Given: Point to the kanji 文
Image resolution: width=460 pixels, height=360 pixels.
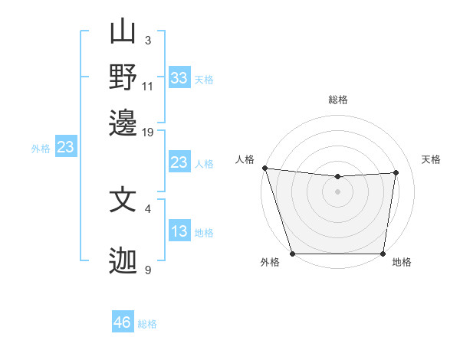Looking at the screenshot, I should click(x=123, y=200).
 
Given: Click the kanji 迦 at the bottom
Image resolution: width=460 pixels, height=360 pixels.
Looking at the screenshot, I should click(x=123, y=261).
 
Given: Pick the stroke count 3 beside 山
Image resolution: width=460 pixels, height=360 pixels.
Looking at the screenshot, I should click(x=148, y=40).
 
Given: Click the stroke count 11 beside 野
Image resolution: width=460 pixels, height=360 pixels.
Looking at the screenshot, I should click(x=148, y=86).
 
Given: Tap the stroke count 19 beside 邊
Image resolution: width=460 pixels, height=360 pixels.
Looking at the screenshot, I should click(x=148, y=132).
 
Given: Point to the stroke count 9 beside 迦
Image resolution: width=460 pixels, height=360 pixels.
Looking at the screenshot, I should click(x=148, y=270).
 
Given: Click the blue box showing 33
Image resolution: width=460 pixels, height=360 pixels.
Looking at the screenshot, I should click(x=179, y=78).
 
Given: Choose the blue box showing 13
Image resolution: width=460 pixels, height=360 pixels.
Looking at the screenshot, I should click(x=179, y=232).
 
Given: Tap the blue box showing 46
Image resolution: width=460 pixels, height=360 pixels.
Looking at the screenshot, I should click(x=123, y=322).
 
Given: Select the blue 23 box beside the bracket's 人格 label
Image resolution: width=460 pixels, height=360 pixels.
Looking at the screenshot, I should click(x=179, y=162).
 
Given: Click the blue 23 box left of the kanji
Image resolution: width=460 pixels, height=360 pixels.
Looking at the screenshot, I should click(x=65, y=147).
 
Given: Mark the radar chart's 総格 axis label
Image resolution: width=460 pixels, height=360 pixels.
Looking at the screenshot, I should click(x=338, y=100).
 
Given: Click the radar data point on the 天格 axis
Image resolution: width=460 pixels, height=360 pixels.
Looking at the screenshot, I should click(x=396, y=172).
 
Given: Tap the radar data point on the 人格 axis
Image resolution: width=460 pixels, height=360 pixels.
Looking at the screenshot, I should click(x=264, y=168).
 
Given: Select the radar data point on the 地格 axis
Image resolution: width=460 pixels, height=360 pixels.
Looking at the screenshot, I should click(x=383, y=254).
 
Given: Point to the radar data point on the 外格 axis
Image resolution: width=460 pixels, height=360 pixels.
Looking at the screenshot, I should click(x=292, y=254).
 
